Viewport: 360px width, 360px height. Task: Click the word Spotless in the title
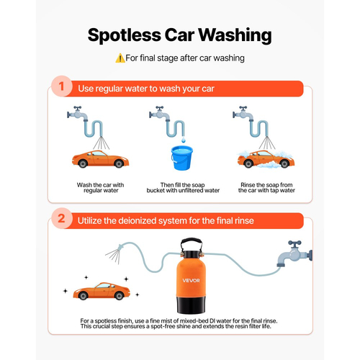coord(124,35)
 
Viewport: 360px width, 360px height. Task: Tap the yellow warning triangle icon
coord(120,58)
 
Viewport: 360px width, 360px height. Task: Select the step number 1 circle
coord(62,86)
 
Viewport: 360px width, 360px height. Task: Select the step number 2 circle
coord(62,218)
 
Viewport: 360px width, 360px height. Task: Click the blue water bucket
coord(181,158)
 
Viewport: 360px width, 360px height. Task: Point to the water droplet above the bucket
coord(184,140)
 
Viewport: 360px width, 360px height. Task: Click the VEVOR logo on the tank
coord(191,280)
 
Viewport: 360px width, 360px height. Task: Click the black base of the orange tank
coord(192,305)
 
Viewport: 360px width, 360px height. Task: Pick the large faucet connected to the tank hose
coord(294,254)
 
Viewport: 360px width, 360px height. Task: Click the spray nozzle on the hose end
coord(120,248)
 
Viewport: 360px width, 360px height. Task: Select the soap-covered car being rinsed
coord(266,159)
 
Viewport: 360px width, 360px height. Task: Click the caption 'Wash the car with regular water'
coord(101,188)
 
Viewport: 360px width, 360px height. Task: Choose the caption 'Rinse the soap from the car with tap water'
coord(266,188)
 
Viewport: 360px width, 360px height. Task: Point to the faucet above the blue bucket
coord(160,113)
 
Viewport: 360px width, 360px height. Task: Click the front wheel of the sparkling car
coord(120,296)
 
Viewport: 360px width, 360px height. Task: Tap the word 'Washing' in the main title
coord(235,36)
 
